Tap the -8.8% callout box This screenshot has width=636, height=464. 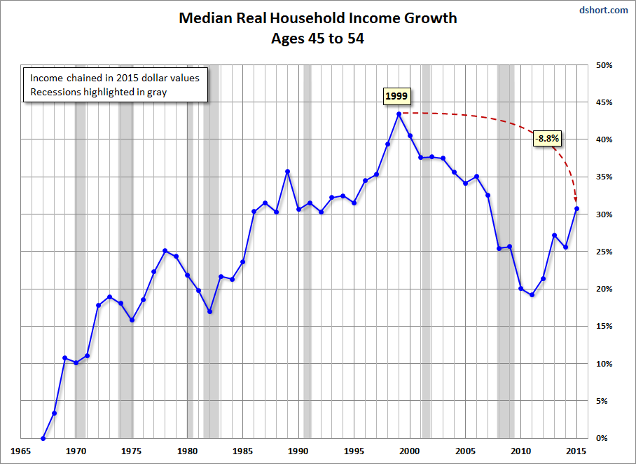[x=547, y=138]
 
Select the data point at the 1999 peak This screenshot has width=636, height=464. [x=399, y=114]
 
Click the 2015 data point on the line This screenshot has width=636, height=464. [x=576, y=208]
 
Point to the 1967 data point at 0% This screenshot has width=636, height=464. [x=43, y=438]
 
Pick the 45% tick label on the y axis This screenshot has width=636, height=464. [x=604, y=102]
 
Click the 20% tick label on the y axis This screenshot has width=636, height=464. [x=604, y=289]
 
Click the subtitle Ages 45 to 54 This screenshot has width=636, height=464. [x=317, y=39]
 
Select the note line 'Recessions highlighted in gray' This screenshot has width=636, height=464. [x=97, y=92]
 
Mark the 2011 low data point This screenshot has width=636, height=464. [x=532, y=295]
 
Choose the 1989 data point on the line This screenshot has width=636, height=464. [x=287, y=171]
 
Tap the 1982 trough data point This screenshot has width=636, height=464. [x=209, y=311]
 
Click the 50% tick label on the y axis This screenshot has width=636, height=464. [x=604, y=65]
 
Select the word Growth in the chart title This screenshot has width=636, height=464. [x=428, y=18]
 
